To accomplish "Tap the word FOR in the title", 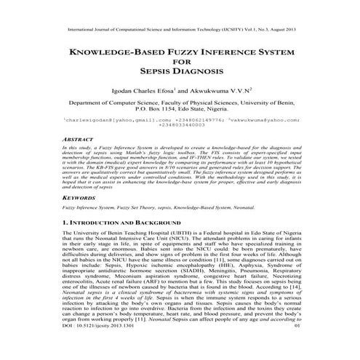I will pyautogui.click(x=180, y=62).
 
